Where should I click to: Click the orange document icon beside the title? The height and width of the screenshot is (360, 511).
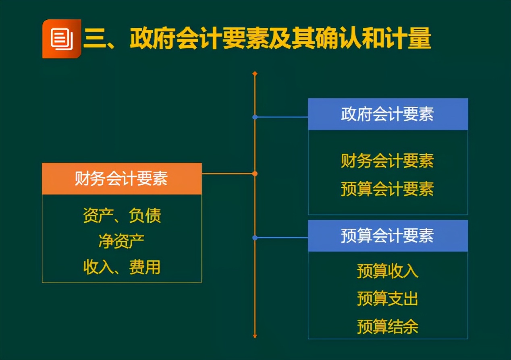pyautogui.click(x=62, y=39)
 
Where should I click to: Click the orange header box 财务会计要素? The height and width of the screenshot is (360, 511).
pyautogui.click(x=122, y=178)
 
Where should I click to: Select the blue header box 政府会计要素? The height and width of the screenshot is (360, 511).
pyautogui.click(x=388, y=114)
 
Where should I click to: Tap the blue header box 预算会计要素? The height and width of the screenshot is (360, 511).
pyautogui.click(x=388, y=236)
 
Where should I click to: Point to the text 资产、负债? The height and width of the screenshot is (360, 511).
pyautogui.click(x=122, y=215)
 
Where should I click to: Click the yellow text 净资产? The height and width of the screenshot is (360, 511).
pyautogui.click(x=122, y=241)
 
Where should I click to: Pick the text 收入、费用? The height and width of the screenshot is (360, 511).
pyautogui.click(x=122, y=267)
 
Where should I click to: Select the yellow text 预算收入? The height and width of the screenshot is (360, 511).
pyautogui.click(x=388, y=271)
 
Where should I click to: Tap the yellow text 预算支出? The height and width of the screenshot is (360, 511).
pyautogui.click(x=388, y=298)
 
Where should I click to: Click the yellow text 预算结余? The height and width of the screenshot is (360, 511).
pyautogui.click(x=388, y=326)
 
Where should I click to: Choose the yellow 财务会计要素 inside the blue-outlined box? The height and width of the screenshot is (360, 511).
pyautogui.click(x=388, y=161)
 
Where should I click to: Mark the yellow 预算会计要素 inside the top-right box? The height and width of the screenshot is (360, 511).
pyautogui.click(x=388, y=188)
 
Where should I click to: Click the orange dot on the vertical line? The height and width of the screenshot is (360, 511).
pyautogui.click(x=255, y=174)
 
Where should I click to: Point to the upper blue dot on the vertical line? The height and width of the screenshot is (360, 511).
pyautogui.click(x=255, y=117)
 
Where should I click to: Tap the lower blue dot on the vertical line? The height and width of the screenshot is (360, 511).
pyautogui.click(x=255, y=238)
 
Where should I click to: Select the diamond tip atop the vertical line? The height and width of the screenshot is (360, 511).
pyautogui.click(x=255, y=74)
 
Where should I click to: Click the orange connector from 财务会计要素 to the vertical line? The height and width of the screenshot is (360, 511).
pyautogui.click(x=228, y=174)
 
